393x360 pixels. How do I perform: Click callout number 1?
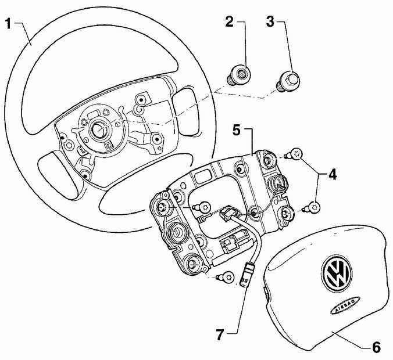tap(8, 24)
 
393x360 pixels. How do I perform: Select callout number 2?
tap(229, 23)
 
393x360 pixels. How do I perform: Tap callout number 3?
tap(270, 23)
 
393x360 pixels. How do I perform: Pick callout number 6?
tap(376, 347)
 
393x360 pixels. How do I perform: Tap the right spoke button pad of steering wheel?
tap(185, 100)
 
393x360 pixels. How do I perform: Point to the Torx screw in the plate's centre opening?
tap(205, 205)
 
